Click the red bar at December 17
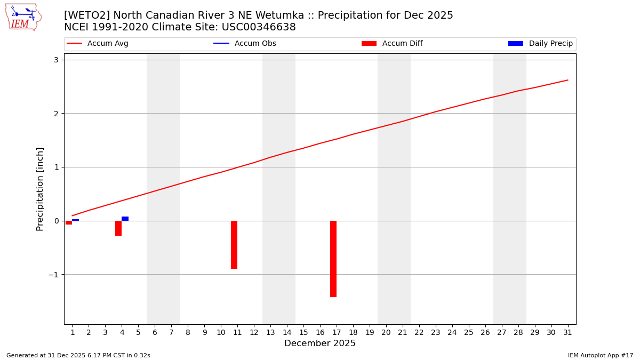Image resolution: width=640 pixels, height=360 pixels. (333, 259)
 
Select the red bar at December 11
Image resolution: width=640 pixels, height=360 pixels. (234, 245)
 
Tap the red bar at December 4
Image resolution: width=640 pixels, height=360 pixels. (118, 228)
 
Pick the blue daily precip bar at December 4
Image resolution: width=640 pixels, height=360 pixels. (125, 219)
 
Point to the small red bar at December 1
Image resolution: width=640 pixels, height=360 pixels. (69, 222)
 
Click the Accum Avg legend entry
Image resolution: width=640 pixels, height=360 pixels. (98, 44)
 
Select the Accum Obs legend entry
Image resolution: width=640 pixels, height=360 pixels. (245, 44)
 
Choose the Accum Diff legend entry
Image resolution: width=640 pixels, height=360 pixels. (392, 44)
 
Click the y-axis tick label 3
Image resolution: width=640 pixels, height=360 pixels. (55, 60)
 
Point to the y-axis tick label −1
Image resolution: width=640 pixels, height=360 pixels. (53, 275)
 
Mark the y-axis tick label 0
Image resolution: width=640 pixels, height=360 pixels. (55, 221)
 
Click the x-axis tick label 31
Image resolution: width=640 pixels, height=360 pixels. (567, 332)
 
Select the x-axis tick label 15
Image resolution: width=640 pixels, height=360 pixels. (303, 332)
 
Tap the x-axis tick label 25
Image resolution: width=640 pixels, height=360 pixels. (468, 332)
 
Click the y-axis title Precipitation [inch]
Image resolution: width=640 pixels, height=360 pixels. (40, 189)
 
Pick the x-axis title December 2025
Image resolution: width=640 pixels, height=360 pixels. (320, 343)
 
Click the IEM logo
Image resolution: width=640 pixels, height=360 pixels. (23, 17)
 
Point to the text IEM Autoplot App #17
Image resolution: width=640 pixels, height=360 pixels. (600, 355)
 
